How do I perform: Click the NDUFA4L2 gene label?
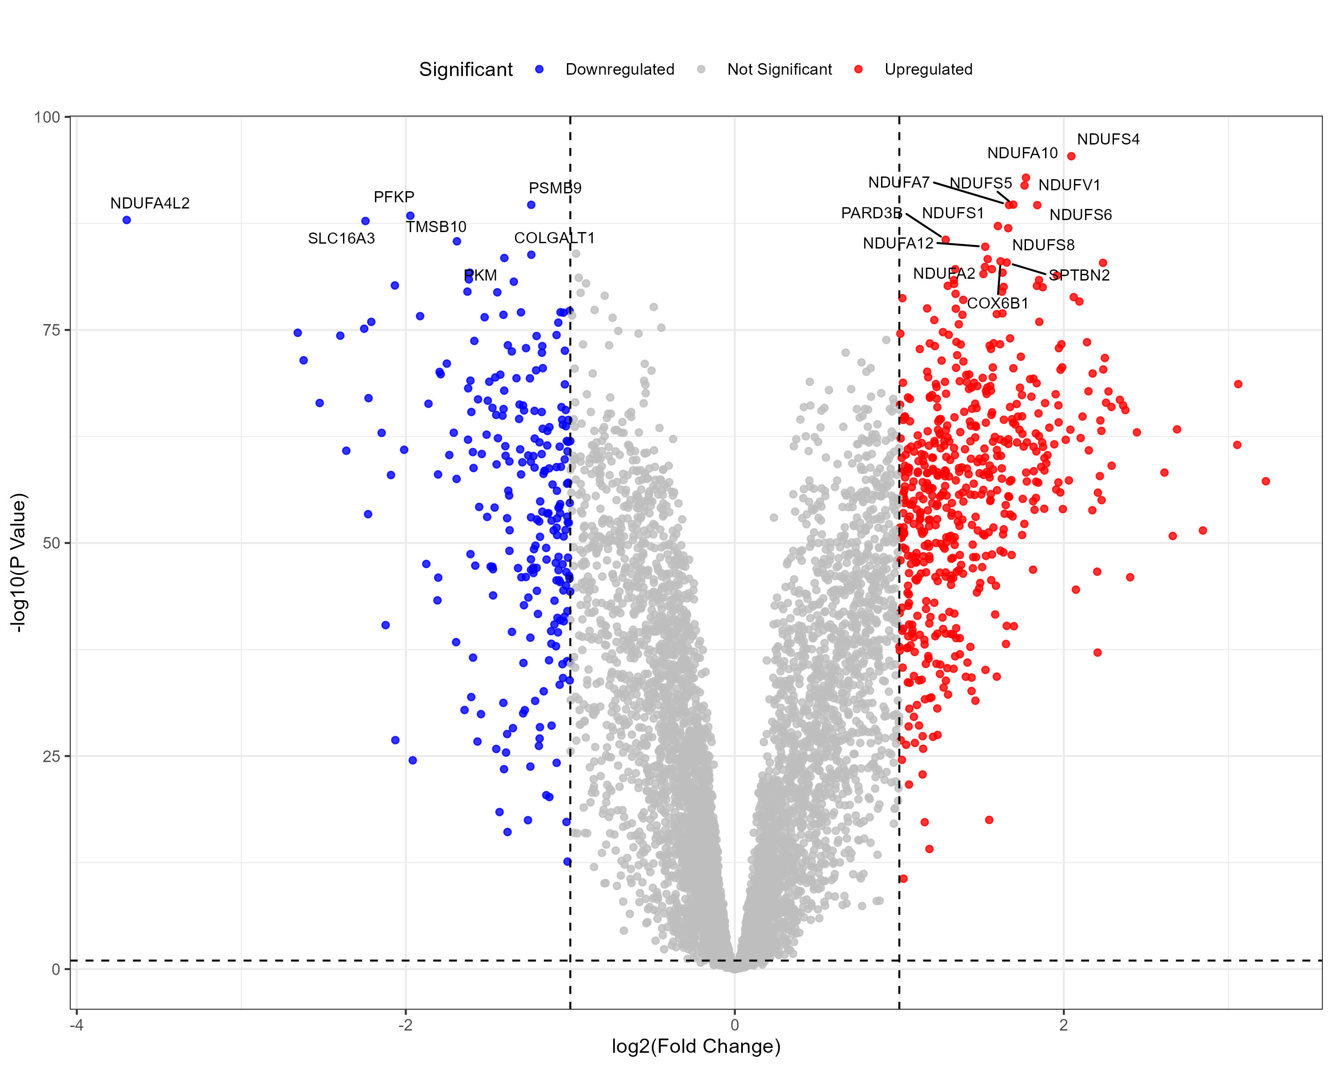coord(150,204)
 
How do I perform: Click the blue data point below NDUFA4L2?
coord(127,220)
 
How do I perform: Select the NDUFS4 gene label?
coord(1108,140)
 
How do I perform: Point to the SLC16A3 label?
coord(341,239)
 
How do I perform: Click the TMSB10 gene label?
coord(436,227)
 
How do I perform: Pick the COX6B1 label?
coord(997,303)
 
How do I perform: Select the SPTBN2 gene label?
coord(1079,275)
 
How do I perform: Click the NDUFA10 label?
coord(1022,153)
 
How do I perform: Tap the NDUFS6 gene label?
coord(1080,215)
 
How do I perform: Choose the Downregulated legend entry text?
coord(619,69)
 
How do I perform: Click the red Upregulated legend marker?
coord(858,69)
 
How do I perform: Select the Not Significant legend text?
coord(779,69)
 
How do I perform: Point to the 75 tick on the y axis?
coord(51,330)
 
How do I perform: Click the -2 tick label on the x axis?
coord(405,1025)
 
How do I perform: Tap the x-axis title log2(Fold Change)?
coord(696,1046)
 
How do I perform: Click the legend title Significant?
coord(466,69)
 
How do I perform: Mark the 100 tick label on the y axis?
coord(48,117)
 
